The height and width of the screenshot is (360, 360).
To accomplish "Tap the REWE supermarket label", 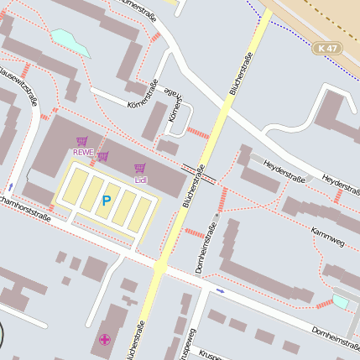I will tap(83, 152).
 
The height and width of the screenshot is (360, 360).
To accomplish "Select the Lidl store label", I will tap(140, 179).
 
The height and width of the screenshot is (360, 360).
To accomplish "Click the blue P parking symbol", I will tap(106, 201).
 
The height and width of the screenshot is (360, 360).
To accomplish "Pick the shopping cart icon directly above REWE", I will tap(81, 141).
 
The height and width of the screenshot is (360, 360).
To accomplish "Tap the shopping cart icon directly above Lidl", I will tap(139, 168).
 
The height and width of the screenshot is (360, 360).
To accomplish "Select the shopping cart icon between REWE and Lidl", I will tap(102, 156).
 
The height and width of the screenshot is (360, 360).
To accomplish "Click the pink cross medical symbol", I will tap(104, 339).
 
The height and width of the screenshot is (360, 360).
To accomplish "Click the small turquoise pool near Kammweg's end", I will tap(340, 300).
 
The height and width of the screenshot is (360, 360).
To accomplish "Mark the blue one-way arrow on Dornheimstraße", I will tap(220, 290).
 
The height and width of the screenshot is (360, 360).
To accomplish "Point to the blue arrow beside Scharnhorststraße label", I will tap(10, 186).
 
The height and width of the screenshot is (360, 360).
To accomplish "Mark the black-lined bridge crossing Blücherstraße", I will tap(198, 175).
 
